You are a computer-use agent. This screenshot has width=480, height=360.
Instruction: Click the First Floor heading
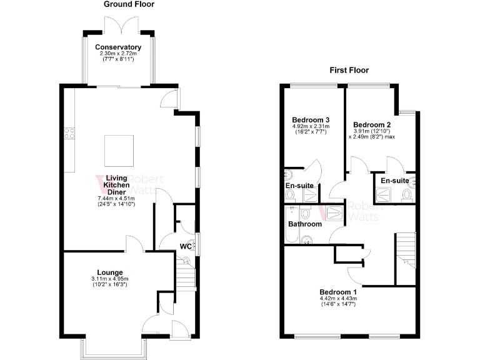click(349, 71)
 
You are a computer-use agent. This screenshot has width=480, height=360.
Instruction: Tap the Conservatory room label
click(118, 47)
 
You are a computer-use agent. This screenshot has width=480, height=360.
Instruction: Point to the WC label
click(186, 246)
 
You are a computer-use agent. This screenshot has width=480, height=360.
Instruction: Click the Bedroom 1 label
click(338, 292)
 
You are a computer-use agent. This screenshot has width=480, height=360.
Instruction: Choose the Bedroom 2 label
click(372, 125)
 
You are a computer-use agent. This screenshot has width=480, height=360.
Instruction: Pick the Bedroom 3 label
click(311, 120)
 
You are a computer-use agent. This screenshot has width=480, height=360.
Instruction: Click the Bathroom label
click(305, 224)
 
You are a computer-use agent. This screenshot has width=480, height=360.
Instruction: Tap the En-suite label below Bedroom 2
click(394, 181)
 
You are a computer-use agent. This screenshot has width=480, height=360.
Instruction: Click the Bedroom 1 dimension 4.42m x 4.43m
click(338, 299)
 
